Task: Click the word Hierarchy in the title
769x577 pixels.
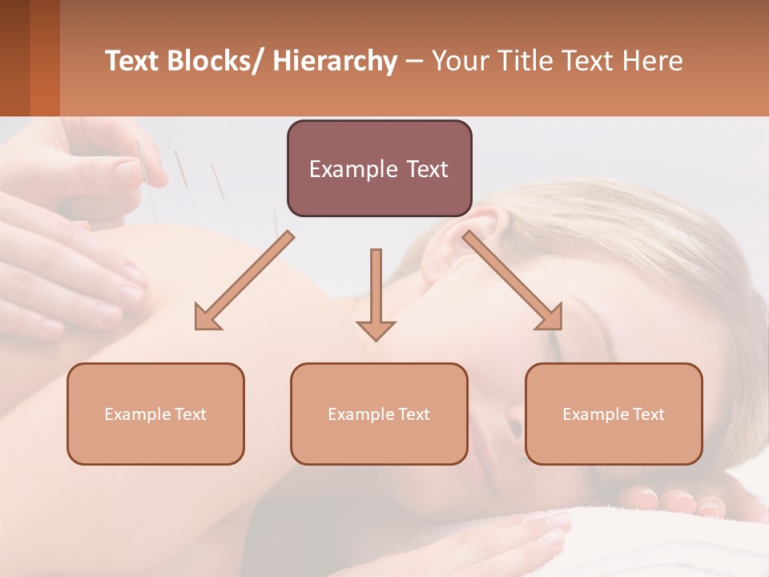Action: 334,61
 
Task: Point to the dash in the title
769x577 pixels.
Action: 414,62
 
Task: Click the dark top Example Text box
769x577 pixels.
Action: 379,168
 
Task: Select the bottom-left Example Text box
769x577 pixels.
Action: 155,414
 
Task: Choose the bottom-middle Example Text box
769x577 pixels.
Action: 379,414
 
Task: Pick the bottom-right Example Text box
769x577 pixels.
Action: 614,414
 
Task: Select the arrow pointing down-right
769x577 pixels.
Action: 513,280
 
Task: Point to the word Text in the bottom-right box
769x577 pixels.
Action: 647,414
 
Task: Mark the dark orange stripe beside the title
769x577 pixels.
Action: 44,58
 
